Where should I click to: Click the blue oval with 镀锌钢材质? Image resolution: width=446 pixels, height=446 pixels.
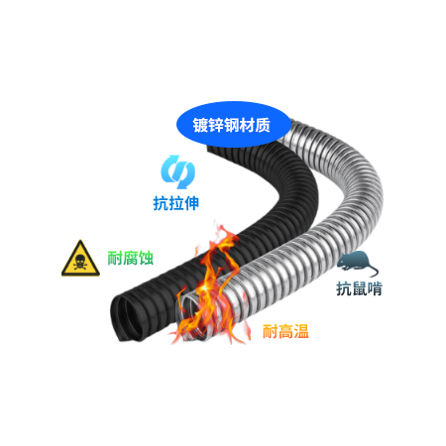click(233, 124)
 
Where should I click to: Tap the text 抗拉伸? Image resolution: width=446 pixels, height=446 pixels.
click(176, 203)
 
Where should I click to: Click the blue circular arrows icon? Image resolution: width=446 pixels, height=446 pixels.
click(177, 171)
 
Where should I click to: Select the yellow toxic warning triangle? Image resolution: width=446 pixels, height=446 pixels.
click(80, 258)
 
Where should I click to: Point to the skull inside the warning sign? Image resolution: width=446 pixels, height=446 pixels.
click(80, 263)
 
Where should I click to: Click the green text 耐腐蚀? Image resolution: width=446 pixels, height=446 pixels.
click(131, 258)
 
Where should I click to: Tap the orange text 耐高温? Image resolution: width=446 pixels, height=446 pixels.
click(285, 331)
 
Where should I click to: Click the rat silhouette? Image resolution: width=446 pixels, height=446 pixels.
click(357, 263)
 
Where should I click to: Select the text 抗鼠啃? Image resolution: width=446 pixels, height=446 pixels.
click(360, 288)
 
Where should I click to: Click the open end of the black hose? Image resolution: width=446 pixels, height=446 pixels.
click(127, 319)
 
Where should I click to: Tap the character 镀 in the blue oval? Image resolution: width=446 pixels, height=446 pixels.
click(200, 125)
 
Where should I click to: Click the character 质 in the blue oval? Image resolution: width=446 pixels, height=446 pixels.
click(263, 125)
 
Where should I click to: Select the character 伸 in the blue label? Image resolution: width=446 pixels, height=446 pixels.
click(191, 203)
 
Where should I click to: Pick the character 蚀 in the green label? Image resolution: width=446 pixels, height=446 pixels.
click(146, 258)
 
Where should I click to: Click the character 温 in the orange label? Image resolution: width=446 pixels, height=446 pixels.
click(301, 331)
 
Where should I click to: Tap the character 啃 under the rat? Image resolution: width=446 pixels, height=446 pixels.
click(375, 288)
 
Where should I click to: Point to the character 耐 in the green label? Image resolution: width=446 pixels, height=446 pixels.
click(115, 258)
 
